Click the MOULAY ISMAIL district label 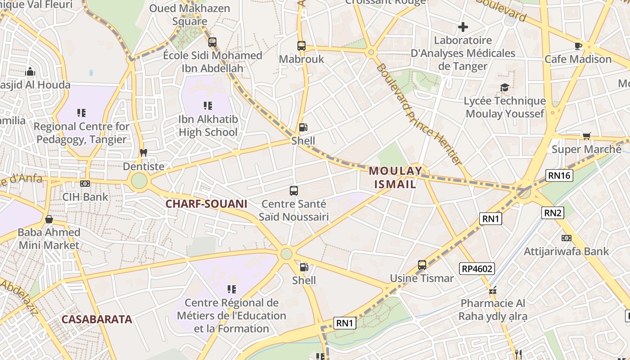pos(396,177)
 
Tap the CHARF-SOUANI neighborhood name pos(206,204)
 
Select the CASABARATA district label pos(97,319)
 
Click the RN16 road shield pos(559,175)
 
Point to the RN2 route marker pos(553,212)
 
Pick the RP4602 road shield pos(477,269)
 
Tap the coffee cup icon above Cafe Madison pos(578,46)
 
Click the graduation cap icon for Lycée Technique pos(504,87)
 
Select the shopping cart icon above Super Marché pos(586,136)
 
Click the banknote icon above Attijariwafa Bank pos(566,238)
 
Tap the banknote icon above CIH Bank pos(85,184)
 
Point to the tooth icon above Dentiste pos(144,153)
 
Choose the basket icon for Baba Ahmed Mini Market pos(49,219)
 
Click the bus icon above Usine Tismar pos(422,265)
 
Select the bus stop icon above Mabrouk pos(301,46)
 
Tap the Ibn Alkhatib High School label pos(208,126)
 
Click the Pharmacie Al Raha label pos(492,310)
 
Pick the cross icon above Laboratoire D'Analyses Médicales pos(463,27)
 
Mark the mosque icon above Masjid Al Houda pos(30,72)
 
